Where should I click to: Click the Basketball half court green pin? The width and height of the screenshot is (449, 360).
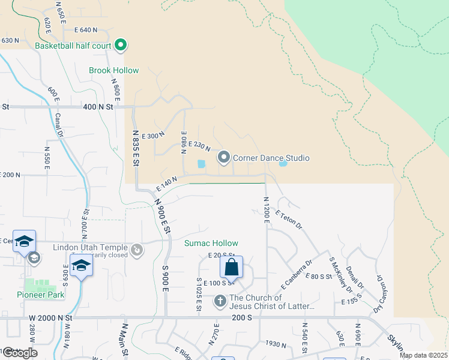click(121, 45)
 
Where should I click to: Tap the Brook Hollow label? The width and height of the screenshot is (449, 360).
click(113, 70)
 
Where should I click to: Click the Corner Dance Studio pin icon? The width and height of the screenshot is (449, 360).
click(224, 158)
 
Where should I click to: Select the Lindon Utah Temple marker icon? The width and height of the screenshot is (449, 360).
click(137, 249)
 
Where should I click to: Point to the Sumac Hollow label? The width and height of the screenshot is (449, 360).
click(211, 243)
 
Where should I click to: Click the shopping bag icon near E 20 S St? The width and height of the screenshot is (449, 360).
click(232, 267)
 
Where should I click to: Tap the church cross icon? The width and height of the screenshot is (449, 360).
click(220, 300)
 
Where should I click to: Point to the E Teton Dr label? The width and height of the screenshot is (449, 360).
click(288, 219)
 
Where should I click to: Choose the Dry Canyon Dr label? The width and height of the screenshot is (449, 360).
click(379, 294)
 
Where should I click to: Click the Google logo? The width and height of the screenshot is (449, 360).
click(19, 353)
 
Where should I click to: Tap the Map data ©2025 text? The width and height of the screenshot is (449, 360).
click(423, 355)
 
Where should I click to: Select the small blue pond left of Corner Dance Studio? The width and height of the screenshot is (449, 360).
click(201, 163)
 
